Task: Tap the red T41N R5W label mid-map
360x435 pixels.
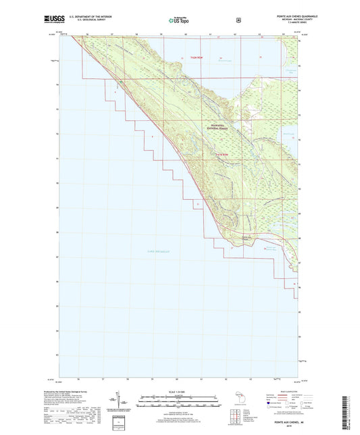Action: click(x=215, y=156)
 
